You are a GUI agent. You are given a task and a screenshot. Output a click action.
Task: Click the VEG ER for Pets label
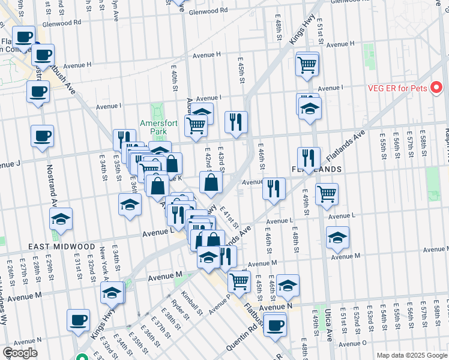[x=397, y=89]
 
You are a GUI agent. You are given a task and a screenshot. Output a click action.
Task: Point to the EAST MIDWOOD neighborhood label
[x=61, y=247]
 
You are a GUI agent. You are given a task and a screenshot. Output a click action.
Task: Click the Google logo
[x=20, y=353]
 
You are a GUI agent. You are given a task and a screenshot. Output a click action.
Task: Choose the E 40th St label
[x=173, y=84]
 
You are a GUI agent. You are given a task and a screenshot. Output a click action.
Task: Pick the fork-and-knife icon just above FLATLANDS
[x=308, y=158]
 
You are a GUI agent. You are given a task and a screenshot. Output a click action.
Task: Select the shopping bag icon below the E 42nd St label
[x=211, y=182]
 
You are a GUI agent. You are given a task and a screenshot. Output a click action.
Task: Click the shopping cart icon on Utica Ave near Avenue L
[x=327, y=193]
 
